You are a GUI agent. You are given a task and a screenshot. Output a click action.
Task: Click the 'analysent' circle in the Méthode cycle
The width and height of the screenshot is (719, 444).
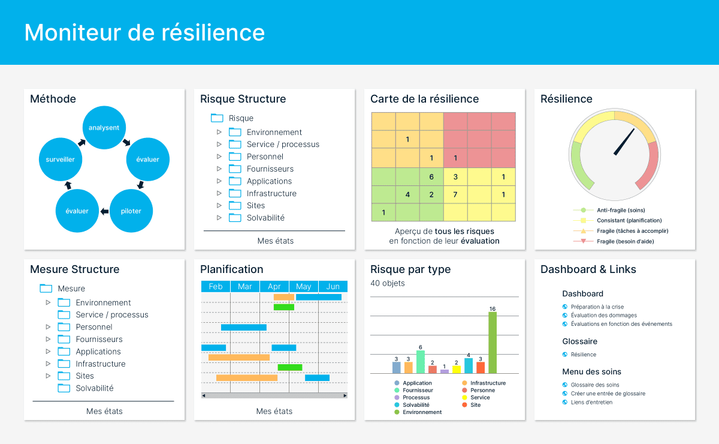click(104, 128)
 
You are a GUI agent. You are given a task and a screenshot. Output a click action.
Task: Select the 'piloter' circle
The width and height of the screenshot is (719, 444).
click(132, 211)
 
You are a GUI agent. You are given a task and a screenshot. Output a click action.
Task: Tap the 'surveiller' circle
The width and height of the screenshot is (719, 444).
click(61, 160)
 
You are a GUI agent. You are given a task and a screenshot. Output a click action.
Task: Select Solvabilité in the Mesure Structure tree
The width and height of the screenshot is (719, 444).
click(94, 388)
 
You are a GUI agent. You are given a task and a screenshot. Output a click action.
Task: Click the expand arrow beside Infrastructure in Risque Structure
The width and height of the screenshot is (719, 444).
click(219, 193)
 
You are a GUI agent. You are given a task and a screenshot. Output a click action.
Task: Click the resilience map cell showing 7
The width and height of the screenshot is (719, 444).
click(455, 194)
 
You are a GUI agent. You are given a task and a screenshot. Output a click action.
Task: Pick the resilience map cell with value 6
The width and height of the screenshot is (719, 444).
click(431, 177)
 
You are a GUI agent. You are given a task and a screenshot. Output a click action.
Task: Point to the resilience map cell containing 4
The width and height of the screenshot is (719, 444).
click(407, 194)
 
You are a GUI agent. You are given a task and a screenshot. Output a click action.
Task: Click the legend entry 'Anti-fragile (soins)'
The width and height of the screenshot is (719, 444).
click(621, 210)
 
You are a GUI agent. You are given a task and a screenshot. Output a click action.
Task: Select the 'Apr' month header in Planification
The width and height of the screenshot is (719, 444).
click(274, 287)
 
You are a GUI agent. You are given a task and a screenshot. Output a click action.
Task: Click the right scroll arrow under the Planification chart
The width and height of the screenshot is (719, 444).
click(345, 395)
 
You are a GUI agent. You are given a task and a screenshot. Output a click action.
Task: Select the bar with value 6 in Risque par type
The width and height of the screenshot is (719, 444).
click(421, 362)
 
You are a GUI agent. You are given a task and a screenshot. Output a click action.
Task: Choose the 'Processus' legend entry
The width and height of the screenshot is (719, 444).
click(416, 397)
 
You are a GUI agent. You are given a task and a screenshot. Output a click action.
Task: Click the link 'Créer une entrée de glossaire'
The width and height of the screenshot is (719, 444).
click(608, 394)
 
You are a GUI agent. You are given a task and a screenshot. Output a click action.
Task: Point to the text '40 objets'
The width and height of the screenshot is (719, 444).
click(387, 283)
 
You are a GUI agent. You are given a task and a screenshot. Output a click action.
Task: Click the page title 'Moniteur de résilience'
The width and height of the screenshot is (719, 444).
click(144, 32)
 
